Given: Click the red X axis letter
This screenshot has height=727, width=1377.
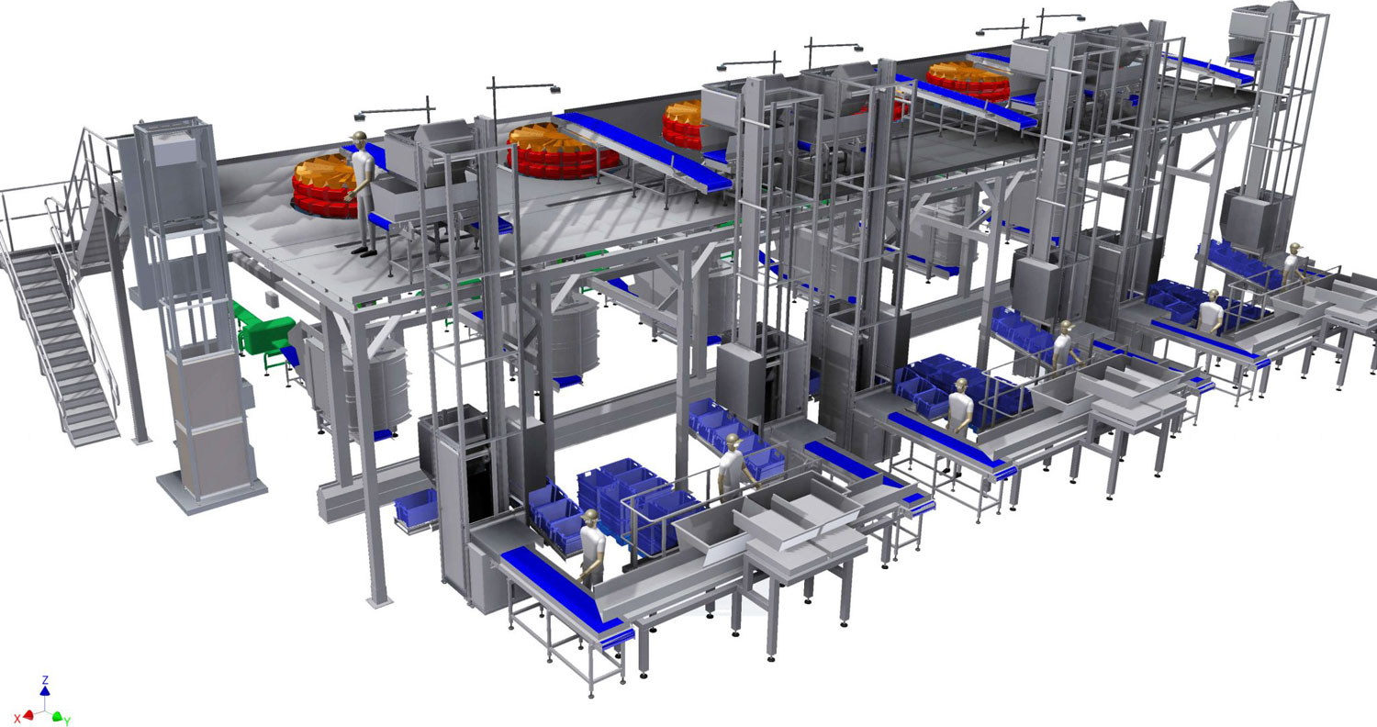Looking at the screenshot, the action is click(x=18, y=717).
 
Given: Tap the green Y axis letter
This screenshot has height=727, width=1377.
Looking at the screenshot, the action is click(x=67, y=721).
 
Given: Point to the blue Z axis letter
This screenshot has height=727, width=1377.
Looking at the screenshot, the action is click(x=45, y=680).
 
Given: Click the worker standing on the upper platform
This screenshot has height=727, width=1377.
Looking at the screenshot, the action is click(x=364, y=193).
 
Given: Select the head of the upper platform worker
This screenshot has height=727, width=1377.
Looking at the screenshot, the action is click(x=360, y=139).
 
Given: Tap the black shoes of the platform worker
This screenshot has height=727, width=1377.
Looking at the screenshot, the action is click(x=364, y=252).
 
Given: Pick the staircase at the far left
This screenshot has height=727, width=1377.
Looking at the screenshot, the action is click(x=59, y=308).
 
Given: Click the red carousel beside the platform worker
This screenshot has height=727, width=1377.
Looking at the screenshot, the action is click(x=323, y=187).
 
